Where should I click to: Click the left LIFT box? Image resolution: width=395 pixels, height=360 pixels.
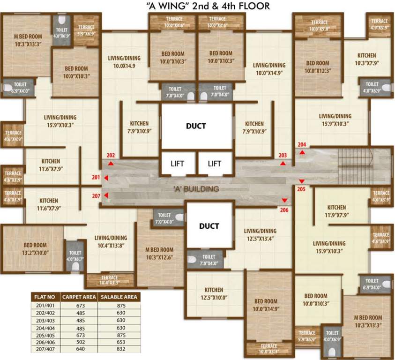coord(177,164)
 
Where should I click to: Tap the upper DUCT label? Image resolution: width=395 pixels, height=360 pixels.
coord(196,126)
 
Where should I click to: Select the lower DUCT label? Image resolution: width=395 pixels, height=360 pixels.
coord(209,226)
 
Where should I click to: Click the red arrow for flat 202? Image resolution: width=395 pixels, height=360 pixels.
coord(111,163)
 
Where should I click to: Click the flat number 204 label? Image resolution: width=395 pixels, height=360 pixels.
coord(302,144)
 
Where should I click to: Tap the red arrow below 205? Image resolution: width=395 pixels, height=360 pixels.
coord(302,181)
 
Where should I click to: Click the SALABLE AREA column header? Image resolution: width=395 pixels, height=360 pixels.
coord(118,296)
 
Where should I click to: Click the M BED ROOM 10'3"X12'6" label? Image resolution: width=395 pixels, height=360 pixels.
coord(159,253)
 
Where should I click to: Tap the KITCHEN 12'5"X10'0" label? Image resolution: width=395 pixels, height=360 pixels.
coord(213,293)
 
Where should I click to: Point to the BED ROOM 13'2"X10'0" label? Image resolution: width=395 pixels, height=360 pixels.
coord(35,248)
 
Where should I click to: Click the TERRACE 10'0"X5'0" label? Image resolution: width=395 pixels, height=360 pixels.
coord(319,25)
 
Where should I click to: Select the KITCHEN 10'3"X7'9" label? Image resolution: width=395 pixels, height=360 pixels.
coord(366,59)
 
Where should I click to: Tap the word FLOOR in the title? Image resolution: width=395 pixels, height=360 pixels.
coord(254,6)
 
